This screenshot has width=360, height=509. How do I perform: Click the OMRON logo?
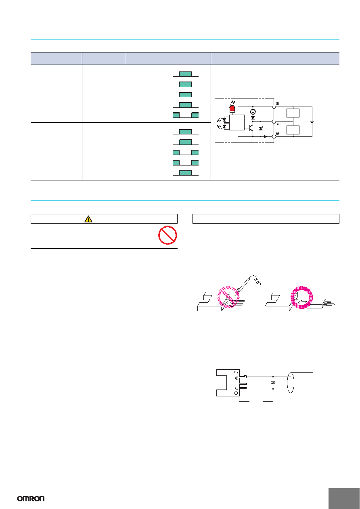tap(31, 499)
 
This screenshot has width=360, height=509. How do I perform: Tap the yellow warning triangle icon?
tap(88, 219)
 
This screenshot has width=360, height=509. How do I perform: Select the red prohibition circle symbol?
tap(167, 235)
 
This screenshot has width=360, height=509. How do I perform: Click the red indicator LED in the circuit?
tap(232, 109)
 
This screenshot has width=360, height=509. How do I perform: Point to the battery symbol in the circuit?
tap(312, 121)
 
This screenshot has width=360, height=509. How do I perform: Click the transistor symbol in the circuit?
tap(251, 128)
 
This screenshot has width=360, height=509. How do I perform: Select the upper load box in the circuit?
tap(293, 113)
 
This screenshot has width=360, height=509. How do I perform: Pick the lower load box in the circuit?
tap(293, 130)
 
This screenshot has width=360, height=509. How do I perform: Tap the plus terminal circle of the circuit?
tap(274, 107)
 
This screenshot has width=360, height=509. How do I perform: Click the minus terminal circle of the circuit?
tap(274, 136)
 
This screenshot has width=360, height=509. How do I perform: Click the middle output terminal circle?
tap(274, 122)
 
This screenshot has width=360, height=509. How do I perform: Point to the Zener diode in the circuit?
tap(261, 129)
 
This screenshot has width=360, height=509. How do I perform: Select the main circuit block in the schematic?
tap(237, 122)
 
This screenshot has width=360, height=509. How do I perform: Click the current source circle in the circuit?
tap(253, 112)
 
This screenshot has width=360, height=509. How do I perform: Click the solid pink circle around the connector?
tap(301, 297)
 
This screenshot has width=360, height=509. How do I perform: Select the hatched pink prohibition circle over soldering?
tap(228, 297)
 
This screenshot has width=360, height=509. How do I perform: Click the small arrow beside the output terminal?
tap(279, 124)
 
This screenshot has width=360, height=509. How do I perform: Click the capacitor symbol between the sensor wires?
tap(273, 383)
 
